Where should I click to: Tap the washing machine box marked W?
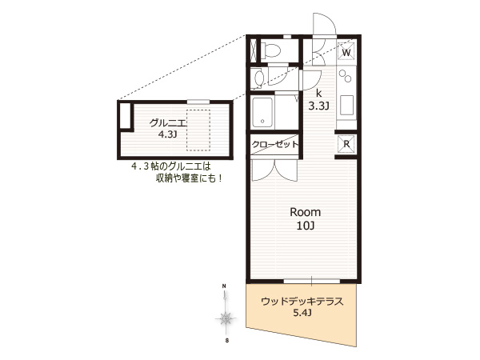point(346,51)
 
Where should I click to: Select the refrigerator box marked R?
point(346,144)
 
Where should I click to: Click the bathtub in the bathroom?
point(262,112)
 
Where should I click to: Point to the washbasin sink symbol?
point(258,78)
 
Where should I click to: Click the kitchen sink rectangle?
point(347,105)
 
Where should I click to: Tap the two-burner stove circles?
point(345,76)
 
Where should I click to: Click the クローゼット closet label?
point(275,144)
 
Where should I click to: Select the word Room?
point(306,212)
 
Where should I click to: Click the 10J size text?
point(306,226)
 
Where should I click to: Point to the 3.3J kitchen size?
point(318,106)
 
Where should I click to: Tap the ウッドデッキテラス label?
point(302,302)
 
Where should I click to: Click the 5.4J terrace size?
point(302,313)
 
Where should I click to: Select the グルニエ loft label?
point(167,123)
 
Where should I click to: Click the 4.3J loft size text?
point(167,134)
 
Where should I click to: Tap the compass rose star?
point(226,319)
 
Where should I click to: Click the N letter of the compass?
point(224,286)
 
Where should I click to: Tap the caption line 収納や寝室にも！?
point(189,178)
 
